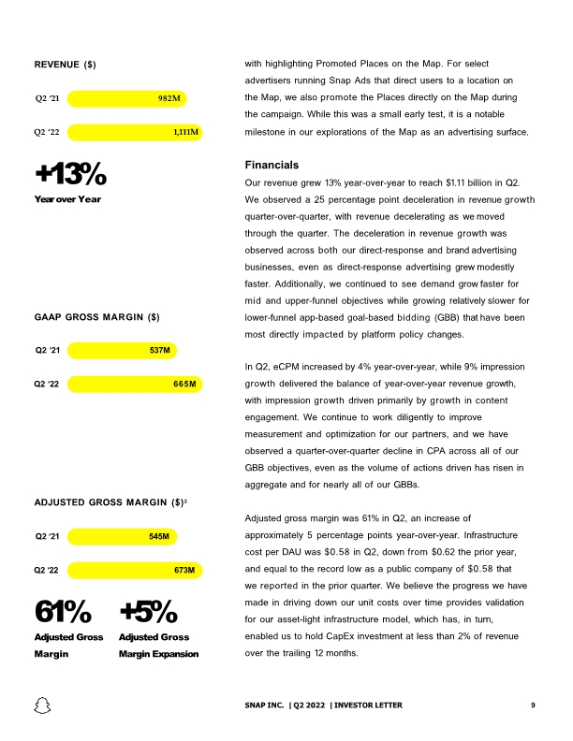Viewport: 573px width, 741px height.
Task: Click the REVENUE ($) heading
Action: [x=66, y=65]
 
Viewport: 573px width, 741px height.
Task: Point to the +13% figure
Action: [x=70, y=174]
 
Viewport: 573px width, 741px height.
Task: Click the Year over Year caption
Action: [x=67, y=198]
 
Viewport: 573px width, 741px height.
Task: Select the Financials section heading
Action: [x=271, y=164]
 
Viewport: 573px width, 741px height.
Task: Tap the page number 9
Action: [x=532, y=705]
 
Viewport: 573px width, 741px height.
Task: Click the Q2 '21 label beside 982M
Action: [x=48, y=97]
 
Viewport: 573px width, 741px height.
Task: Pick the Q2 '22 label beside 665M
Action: [x=47, y=385]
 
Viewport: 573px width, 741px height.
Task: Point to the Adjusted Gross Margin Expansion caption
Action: [x=159, y=646]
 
